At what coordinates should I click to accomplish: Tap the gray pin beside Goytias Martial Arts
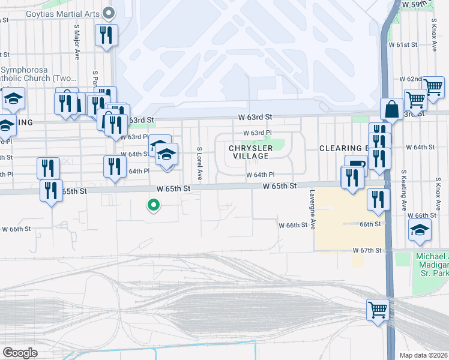click(x=109, y=12)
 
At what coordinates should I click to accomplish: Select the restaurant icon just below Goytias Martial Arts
click(x=106, y=34)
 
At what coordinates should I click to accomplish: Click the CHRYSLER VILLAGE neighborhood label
click(x=251, y=152)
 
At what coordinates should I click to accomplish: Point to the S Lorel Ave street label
click(x=198, y=163)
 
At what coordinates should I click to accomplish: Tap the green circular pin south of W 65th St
click(x=154, y=206)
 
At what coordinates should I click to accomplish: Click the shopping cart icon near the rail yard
click(x=378, y=310)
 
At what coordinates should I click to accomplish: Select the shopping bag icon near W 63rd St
click(x=391, y=109)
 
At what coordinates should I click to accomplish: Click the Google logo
click(x=20, y=353)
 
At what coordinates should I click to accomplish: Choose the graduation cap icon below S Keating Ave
click(x=420, y=230)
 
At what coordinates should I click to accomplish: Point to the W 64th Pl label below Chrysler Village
click(x=260, y=175)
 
